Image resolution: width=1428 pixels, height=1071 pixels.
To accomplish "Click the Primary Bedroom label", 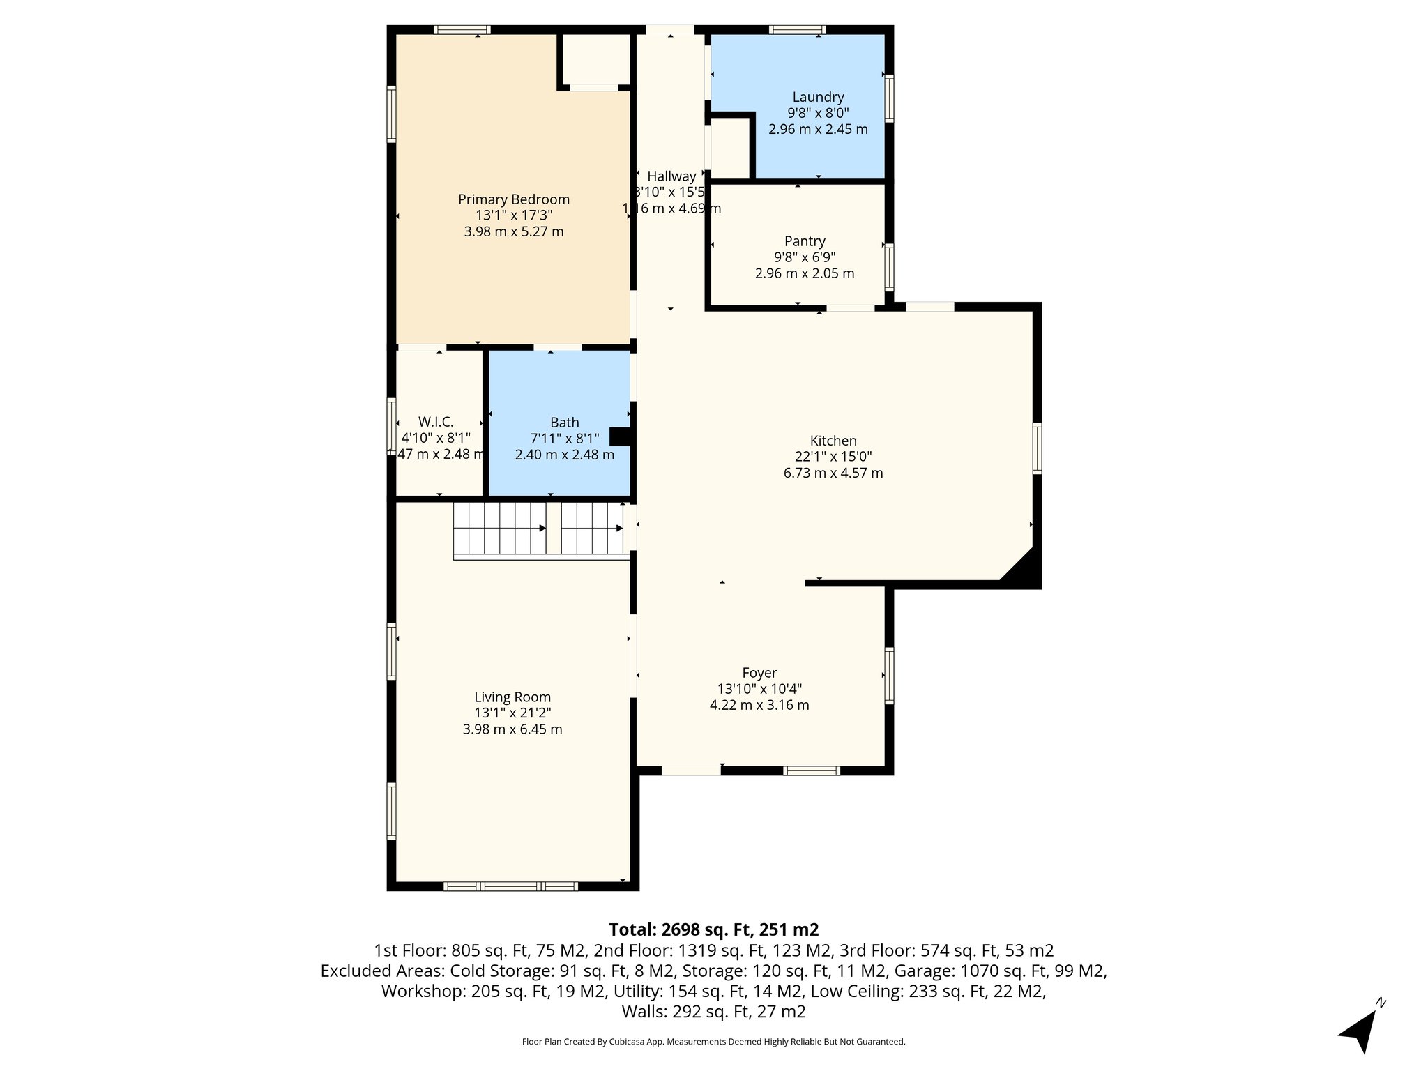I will (514, 199).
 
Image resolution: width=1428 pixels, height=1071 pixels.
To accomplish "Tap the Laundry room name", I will (818, 97).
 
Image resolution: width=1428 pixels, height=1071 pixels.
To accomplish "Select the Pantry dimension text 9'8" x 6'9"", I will (805, 257).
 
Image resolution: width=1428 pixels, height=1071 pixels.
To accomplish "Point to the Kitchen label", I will (833, 441).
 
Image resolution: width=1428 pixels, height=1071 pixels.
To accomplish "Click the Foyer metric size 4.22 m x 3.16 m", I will (759, 705).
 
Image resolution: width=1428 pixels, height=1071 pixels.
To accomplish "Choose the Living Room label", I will (512, 697).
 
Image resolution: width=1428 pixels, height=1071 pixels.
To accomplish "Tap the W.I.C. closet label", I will (436, 422).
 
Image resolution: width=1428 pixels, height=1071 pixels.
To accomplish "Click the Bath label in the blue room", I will (564, 422).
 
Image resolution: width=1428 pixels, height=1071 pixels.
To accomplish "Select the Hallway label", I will (671, 176).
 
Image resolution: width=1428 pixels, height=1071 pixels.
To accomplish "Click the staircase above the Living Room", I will (540, 529).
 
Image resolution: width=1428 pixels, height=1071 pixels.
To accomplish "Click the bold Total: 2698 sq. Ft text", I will (713, 929).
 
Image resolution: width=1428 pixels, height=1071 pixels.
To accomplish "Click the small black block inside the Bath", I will (620, 436).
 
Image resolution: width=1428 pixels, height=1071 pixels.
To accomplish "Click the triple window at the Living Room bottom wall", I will (510, 886).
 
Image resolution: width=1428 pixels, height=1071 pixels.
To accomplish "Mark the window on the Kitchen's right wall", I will (1037, 448).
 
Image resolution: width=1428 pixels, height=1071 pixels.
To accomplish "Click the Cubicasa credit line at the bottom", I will (713, 1042).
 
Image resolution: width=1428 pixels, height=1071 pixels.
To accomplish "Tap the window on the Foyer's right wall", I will (889, 675).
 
